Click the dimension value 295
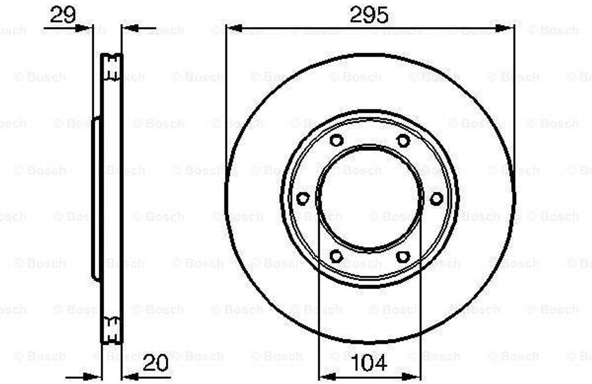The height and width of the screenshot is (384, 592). point(368,16)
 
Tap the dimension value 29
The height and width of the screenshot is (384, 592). point(62,16)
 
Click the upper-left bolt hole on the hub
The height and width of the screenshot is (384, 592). point(336,141)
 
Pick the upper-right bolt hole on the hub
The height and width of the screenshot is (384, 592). point(403,141)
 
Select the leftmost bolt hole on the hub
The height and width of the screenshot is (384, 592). point(303,198)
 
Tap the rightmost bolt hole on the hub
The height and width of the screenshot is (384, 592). point(436,198)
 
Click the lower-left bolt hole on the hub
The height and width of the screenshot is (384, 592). point(336,256)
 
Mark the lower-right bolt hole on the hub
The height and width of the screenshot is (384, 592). point(403,256)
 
